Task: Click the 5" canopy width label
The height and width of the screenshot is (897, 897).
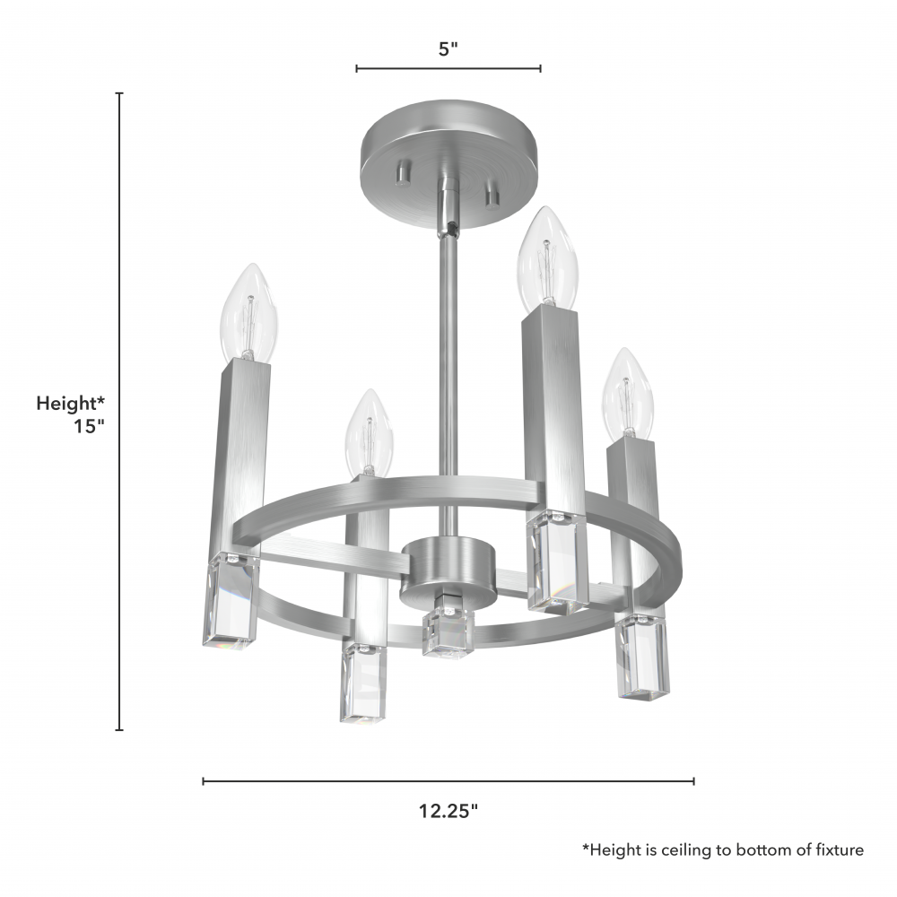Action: coord(448,49)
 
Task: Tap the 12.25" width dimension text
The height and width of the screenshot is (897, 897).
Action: coord(448,811)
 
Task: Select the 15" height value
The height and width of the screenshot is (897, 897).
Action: coord(89,426)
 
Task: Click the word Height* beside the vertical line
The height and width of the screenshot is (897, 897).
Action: coord(70,404)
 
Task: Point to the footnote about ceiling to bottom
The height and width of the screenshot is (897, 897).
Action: coord(723,850)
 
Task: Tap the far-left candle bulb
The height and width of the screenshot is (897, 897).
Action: coord(248,312)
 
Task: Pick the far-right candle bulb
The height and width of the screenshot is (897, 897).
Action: coord(628,394)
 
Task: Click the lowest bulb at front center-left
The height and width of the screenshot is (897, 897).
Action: coord(370,433)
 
